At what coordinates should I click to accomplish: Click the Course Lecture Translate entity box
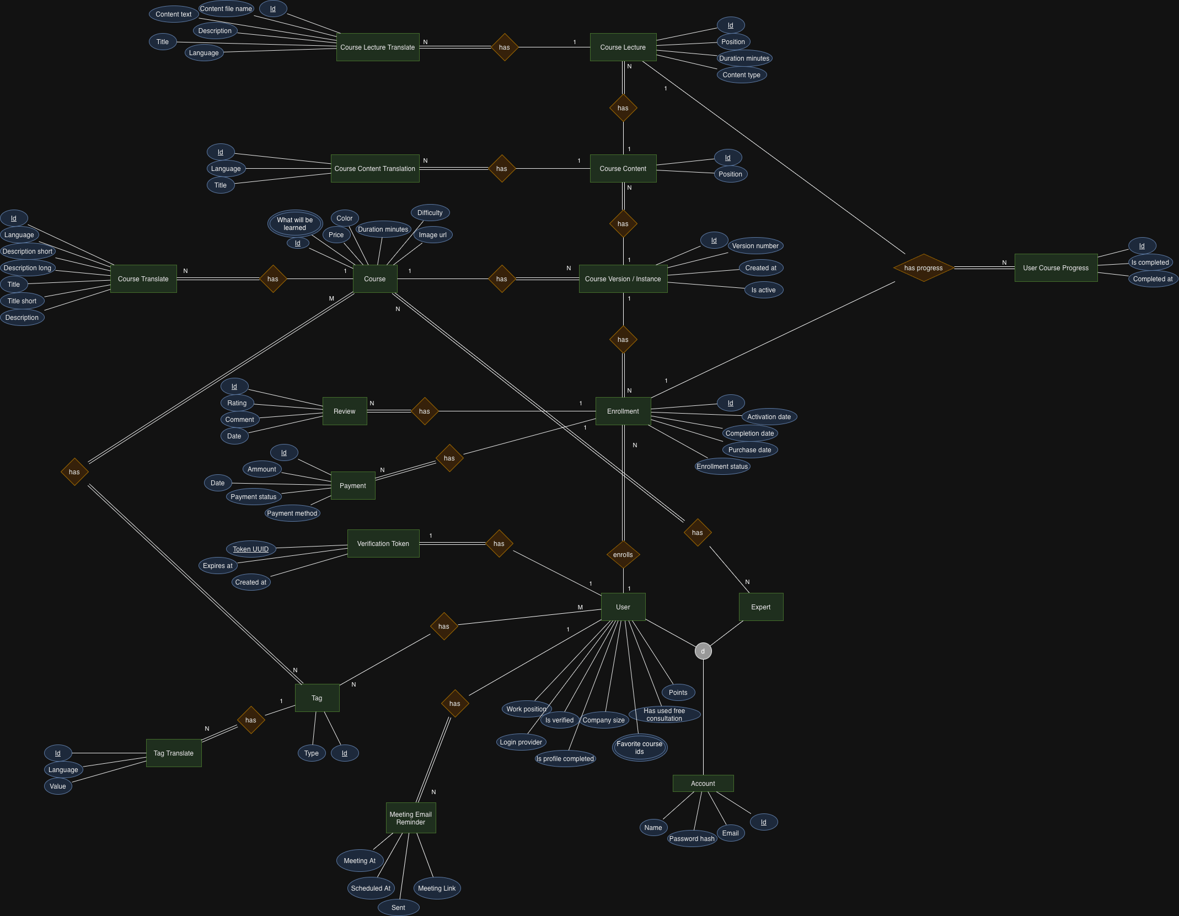coord(378,47)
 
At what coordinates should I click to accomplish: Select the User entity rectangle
coord(623,607)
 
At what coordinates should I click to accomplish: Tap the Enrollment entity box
coord(623,411)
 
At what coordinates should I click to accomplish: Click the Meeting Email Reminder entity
coord(411,818)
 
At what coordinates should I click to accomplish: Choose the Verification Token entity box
coord(383,544)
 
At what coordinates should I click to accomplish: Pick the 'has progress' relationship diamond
coord(924,268)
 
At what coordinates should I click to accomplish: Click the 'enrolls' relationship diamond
coord(623,555)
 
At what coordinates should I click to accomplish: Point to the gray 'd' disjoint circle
coord(703,651)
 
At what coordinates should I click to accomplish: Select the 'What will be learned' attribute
coord(295,224)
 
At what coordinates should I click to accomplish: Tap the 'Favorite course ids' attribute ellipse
coord(640,748)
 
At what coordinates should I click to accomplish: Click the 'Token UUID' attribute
coord(251,549)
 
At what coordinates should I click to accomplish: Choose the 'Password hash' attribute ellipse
coord(692,839)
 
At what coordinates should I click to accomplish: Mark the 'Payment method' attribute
coord(292,513)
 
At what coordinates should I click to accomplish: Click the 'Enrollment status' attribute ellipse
coord(722,467)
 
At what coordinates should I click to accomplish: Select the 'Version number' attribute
coord(755,246)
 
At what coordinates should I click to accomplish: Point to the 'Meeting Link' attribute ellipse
coord(437,888)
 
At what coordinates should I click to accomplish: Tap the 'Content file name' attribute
coord(226,9)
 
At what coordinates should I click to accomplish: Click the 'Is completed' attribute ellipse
coord(1150,263)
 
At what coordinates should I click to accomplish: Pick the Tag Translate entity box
coord(174,753)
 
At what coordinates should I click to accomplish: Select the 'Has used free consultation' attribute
coord(664,715)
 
